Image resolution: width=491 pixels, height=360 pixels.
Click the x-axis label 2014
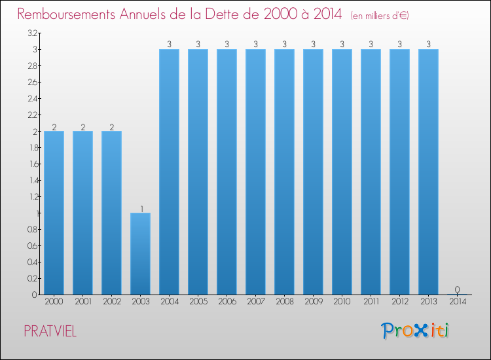457,302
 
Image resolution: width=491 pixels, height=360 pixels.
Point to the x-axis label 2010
342,302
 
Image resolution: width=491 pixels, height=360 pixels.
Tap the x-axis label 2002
111,302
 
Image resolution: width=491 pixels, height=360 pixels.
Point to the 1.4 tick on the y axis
33,180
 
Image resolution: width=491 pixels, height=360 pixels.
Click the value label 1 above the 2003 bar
141,209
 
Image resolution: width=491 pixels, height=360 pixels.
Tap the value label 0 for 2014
457,290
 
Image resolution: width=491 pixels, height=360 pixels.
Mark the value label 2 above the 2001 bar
82,127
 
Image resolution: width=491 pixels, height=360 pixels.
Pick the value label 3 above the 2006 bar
227,45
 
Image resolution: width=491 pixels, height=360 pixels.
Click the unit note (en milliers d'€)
380,15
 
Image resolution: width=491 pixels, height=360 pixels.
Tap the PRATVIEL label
50,332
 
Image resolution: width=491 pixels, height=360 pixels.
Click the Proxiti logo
416,331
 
